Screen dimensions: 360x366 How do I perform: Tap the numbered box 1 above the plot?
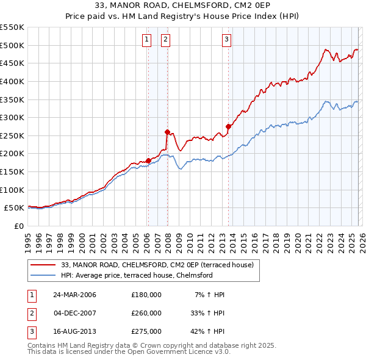pyautogui.click(x=147, y=40)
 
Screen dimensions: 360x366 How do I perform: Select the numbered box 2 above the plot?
pyautogui.click(x=165, y=40)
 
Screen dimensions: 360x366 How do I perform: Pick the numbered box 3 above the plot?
pyautogui.click(x=226, y=40)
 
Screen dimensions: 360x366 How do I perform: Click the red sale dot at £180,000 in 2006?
pyautogui.click(x=148, y=160)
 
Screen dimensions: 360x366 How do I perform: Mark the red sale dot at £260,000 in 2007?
pyautogui.click(x=167, y=132)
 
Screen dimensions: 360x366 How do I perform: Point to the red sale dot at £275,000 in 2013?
pyautogui.click(x=228, y=126)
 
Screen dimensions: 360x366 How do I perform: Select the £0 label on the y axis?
pyautogui.click(x=18, y=226)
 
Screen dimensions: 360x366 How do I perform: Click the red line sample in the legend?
pyautogui.click(x=44, y=265)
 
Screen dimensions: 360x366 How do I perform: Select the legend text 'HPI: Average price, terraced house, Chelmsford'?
pyautogui.click(x=137, y=276)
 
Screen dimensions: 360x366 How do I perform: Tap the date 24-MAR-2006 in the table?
pyautogui.click(x=74, y=295)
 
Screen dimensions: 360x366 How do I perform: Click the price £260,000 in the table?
pyautogui.click(x=146, y=313)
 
